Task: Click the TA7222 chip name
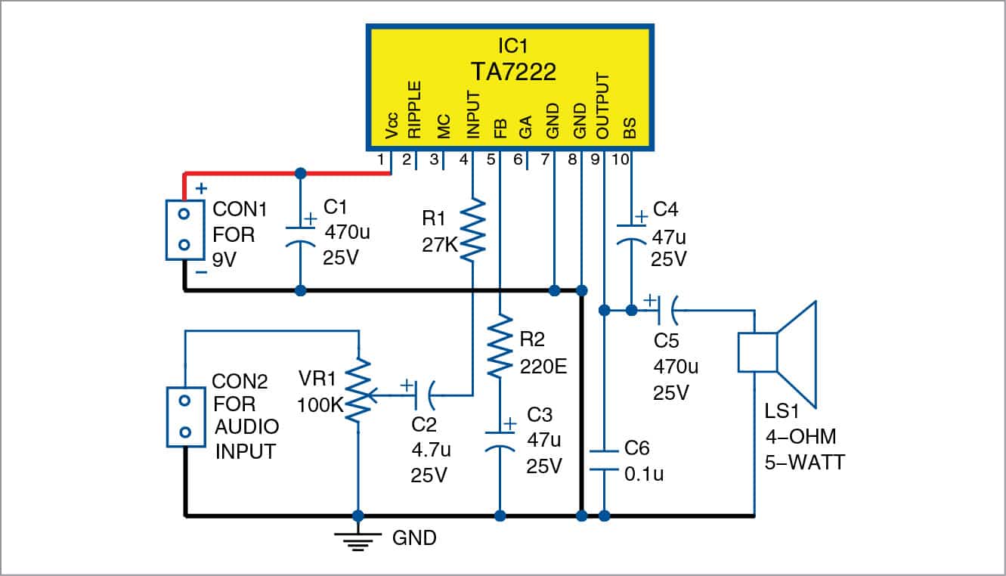click(513, 72)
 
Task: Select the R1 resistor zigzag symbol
click(472, 229)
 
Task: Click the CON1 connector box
click(185, 230)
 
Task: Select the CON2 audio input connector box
click(185, 417)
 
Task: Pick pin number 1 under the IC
click(380, 160)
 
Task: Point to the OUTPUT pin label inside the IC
click(602, 106)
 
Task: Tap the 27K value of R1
click(438, 245)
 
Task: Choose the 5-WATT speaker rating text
click(804, 461)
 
